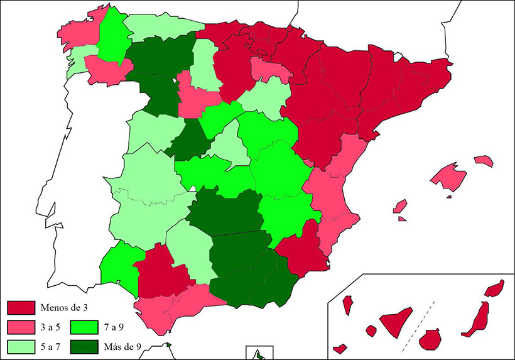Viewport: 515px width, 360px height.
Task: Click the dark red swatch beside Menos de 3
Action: click(21, 308)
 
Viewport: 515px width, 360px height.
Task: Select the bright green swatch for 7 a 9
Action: click(83, 327)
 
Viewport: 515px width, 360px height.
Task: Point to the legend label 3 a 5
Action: click(52, 327)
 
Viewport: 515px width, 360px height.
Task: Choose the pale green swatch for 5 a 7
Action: click(21, 346)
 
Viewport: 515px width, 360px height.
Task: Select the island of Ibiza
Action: click(399, 206)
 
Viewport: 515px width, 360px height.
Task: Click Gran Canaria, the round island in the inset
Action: click(430, 339)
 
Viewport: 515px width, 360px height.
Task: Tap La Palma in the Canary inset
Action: click(347, 305)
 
